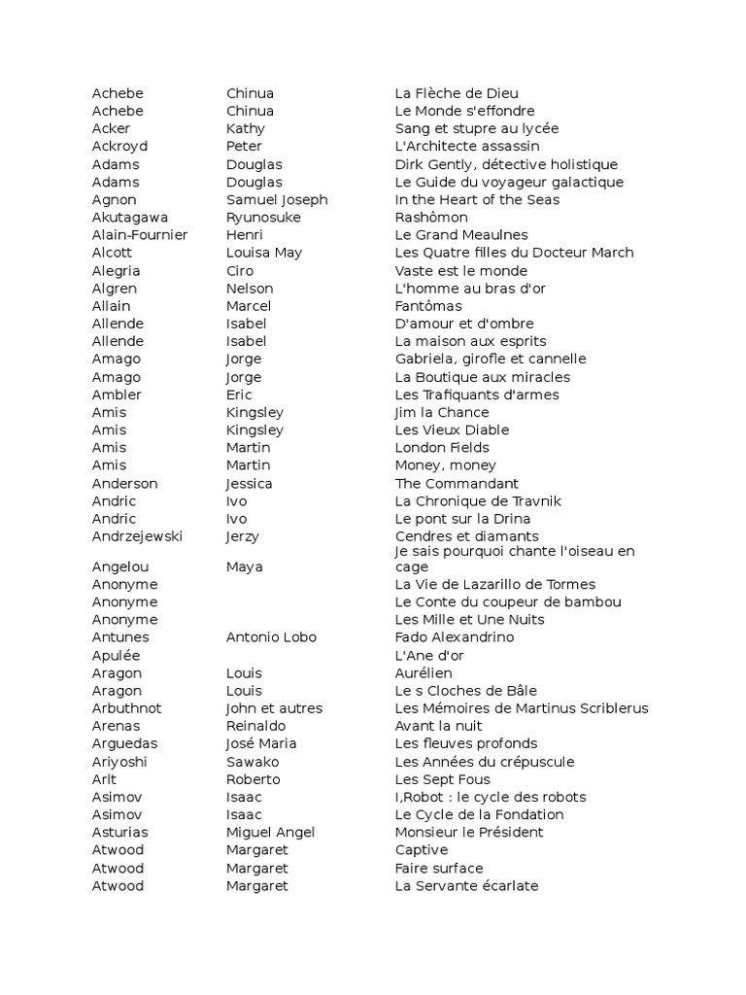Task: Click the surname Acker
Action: pyautogui.click(x=111, y=129)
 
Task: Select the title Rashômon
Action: pyautogui.click(x=430, y=218)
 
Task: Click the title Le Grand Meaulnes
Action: pyautogui.click(x=461, y=235)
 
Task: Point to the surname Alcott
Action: pyautogui.click(x=113, y=253)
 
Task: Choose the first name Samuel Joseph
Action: pyautogui.click(x=277, y=200)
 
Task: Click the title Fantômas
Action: pyautogui.click(x=428, y=306)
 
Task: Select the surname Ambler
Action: pyautogui.click(x=117, y=395)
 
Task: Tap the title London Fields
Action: pyautogui.click(x=442, y=448)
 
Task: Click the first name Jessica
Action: pyautogui.click(x=249, y=483)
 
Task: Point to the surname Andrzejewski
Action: pyautogui.click(x=137, y=536)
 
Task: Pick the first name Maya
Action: pyautogui.click(x=245, y=566)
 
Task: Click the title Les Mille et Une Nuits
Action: pyautogui.click(x=469, y=620)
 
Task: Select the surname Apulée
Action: pyautogui.click(x=116, y=656)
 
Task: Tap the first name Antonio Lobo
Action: pyautogui.click(x=271, y=637)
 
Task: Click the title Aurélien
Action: pyautogui.click(x=424, y=673)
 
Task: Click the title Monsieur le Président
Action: pyautogui.click(x=469, y=833)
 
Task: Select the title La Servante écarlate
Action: pyautogui.click(x=466, y=886)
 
